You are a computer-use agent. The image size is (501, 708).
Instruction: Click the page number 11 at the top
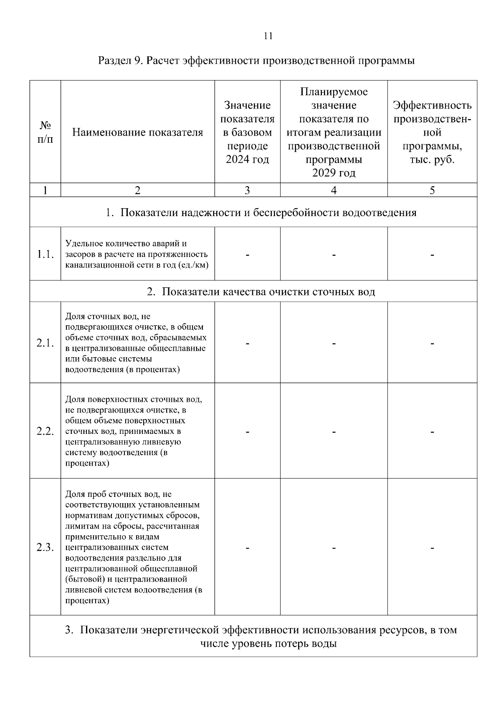pyautogui.click(x=268, y=36)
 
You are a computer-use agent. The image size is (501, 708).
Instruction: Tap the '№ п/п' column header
pyautogui.click(x=45, y=132)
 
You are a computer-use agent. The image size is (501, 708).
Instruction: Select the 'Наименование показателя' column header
pyautogui.click(x=137, y=133)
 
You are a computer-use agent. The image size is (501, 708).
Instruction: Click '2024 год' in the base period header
pyautogui.click(x=247, y=160)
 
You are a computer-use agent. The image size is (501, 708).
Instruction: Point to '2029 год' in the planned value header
pyautogui.click(x=334, y=173)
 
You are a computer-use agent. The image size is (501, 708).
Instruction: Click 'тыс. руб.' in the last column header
pyautogui.click(x=432, y=160)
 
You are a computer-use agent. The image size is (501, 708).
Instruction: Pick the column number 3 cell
pyautogui.click(x=247, y=190)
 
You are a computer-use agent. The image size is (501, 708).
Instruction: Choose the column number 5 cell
pyautogui.click(x=432, y=190)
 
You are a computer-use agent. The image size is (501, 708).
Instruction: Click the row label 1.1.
pyautogui.click(x=45, y=254)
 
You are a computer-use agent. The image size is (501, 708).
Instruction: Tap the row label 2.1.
pyautogui.click(x=45, y=343)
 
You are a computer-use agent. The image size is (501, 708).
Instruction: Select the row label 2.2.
pyautogui.click(x=45, y=431)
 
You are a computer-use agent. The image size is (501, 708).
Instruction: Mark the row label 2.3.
pyautogui.click(x=45, y=547)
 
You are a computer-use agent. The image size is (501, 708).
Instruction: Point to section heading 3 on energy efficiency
pyautogui.click(x=261, y=636)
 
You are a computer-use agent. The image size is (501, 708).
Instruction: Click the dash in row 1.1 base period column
pyautogui.click(x=247, y=254)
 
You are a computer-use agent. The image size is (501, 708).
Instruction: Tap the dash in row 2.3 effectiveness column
pyautogui.click(x=432, y=547)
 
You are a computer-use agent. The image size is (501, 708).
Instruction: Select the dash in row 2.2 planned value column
pyautogui.click(x=334, y=431)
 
